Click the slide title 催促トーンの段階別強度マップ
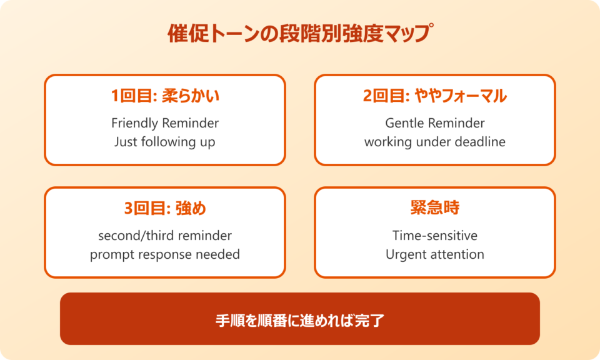pyautogui.click(x=300, y=34)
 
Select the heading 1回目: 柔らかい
pyautogui.click(x=165, y=96)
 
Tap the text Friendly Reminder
pyautogui.click(x=165, y=122)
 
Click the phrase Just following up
pyautogui.click(x=165, y=142)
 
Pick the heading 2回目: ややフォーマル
pyautogui.click(x=434, y=96)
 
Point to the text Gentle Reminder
pyautogui.click(x=434, y=122)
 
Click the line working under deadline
pyautogui.click(x=434, y=142)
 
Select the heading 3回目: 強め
pyautogui.click(x=165, y=209)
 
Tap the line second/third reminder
pyautogui.click(x=165, y=236)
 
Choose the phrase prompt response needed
pyautogui.click(x=165, y=254)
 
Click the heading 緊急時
pyautogui.click(x=434, y=209)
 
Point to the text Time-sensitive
pyautogui.click(x=434, y=236)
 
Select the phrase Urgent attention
pyautogui.click(x=434, y=254)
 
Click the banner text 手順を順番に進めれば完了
pyautogui.click(x=299, y=321)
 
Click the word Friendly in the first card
pyautogui.click(x=132, y=122)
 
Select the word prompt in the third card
pyautogui.click(x=110, y=254)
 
